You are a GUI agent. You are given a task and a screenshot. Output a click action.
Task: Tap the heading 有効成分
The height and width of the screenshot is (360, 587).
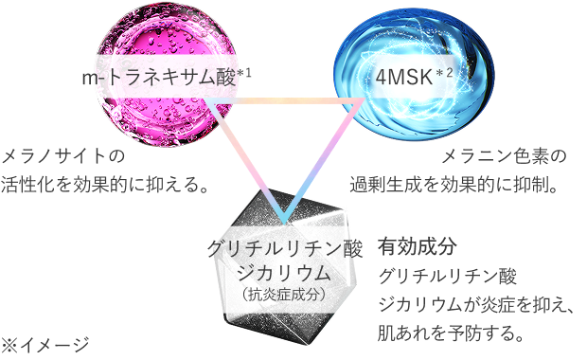(418, 246)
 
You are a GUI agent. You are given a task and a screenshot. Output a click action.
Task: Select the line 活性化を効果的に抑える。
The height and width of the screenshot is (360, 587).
(105, 181)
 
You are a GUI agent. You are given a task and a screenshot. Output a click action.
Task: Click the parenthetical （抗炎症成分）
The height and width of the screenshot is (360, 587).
(284, 295)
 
